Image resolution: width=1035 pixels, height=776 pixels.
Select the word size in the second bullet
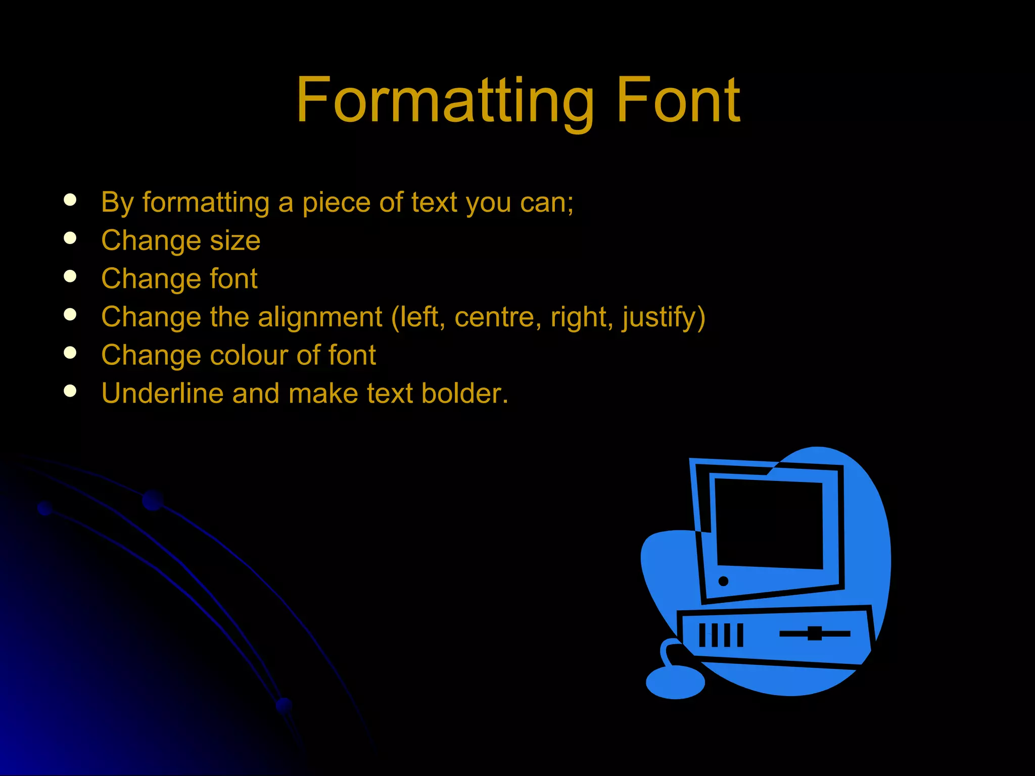235,240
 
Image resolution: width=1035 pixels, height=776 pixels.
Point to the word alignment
320,317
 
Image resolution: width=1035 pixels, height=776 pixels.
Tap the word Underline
162,394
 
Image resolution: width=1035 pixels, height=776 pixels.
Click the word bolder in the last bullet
464,394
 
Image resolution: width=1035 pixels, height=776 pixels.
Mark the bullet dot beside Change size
70,238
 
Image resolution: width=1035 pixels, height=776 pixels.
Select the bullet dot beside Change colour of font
70,353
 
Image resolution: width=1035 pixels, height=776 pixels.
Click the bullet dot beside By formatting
70,200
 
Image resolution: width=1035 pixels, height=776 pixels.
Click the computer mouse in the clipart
675,682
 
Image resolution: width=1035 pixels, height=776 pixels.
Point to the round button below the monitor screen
723,581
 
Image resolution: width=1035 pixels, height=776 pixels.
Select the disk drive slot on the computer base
815,634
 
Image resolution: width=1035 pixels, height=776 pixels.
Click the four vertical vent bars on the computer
721,635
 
